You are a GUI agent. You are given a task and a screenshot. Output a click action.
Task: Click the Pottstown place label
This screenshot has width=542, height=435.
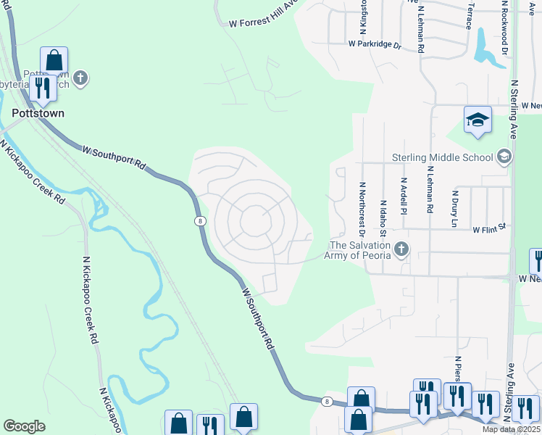38,113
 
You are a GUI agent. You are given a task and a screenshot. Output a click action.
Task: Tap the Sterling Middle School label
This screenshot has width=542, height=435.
443,157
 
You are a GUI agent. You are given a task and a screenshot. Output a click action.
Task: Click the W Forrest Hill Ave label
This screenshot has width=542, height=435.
264,14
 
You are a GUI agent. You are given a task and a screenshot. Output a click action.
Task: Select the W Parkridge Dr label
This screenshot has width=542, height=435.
374,44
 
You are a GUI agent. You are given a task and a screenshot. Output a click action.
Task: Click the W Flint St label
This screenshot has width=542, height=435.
488,229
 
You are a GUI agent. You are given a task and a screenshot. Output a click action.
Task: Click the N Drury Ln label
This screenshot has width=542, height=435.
456,209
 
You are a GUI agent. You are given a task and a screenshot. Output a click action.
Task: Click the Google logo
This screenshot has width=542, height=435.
24,426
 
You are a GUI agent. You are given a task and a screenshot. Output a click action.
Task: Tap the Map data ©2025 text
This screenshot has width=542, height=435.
511,429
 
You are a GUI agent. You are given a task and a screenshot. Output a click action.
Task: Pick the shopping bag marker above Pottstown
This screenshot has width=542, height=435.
54,61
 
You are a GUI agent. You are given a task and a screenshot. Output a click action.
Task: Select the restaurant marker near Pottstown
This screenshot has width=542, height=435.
43,88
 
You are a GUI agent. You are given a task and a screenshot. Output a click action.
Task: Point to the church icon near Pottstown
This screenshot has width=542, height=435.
80,78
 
